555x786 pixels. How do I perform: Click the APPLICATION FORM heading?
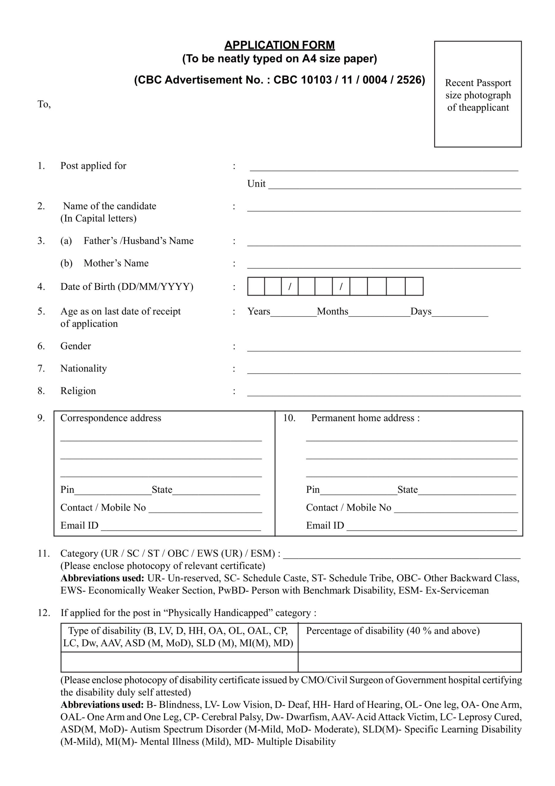[279, 45]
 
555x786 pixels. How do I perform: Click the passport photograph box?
[478, 94]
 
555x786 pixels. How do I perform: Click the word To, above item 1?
[44, 104]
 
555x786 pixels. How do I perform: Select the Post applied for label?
[93, 166]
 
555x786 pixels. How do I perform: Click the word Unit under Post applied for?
[256, 184]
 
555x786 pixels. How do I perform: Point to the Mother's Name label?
[116, 263]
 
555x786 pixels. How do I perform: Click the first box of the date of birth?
[256, 286]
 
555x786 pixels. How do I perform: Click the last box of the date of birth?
[414, 286]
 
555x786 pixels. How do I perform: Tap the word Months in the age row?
[332, 312]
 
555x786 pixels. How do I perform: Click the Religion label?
[78, 391]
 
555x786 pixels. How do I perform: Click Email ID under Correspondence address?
[79, 525]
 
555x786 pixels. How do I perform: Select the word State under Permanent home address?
[407, 490]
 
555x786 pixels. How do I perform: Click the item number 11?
[44, 554]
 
